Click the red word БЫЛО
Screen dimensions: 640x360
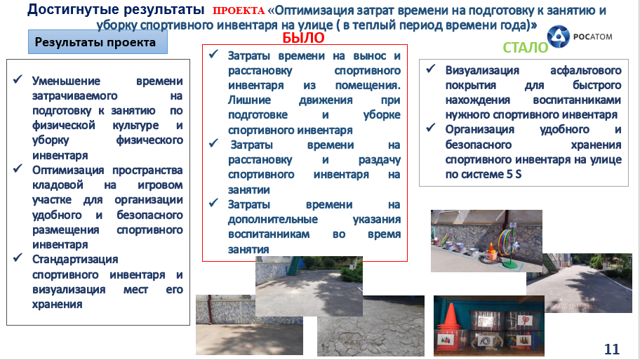pos(303,38)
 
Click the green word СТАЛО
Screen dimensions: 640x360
pos(526,48)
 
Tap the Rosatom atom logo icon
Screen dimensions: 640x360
pos(558,36)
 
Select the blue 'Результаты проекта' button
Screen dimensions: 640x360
pos(98,42)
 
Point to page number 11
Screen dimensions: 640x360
pos(611,349)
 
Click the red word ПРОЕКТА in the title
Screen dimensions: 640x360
pos(239,11)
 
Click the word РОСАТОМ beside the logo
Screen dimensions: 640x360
pos(593,36)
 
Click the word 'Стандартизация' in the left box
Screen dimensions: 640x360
pos(75,260)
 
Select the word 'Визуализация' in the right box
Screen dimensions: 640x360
pos(482,71)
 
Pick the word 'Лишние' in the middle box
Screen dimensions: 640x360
pos(249,100)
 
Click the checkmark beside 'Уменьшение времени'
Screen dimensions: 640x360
pos(18,79)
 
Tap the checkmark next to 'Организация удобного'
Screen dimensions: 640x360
pos(431,128)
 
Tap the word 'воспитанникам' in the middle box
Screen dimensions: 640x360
pos(269,234)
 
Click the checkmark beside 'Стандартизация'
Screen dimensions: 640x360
pos(18,258)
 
